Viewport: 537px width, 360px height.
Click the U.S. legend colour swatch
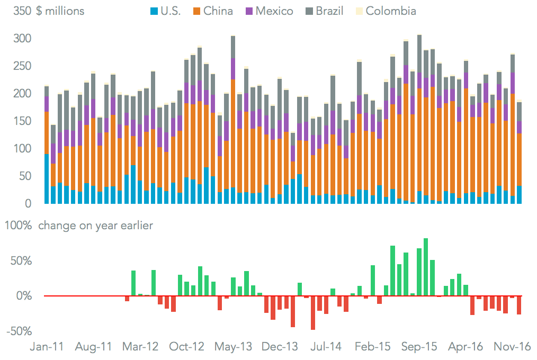pyautogui.click(x=154, y=11)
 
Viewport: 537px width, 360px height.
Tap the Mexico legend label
pyautogui.click(x=274, y=11)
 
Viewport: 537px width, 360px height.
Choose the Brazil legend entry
pyautogui.click(x=330, y=11)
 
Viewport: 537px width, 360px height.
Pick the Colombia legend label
pyautogui.click(x=391, y=11)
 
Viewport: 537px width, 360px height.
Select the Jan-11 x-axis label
pyautogui.click(x=47, y=347)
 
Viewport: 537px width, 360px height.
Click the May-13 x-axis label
pyautogui.click(x=233, y=347)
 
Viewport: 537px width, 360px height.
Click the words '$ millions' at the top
pyautogui.click(x=60, y=11)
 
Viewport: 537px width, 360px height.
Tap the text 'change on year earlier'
pyautogui.click(x=96, y=226)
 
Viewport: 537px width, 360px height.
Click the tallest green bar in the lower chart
pyautogui.click(x=426, y=267)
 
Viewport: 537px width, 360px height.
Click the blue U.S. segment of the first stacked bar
pyautogui.click(x=47, y=179)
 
